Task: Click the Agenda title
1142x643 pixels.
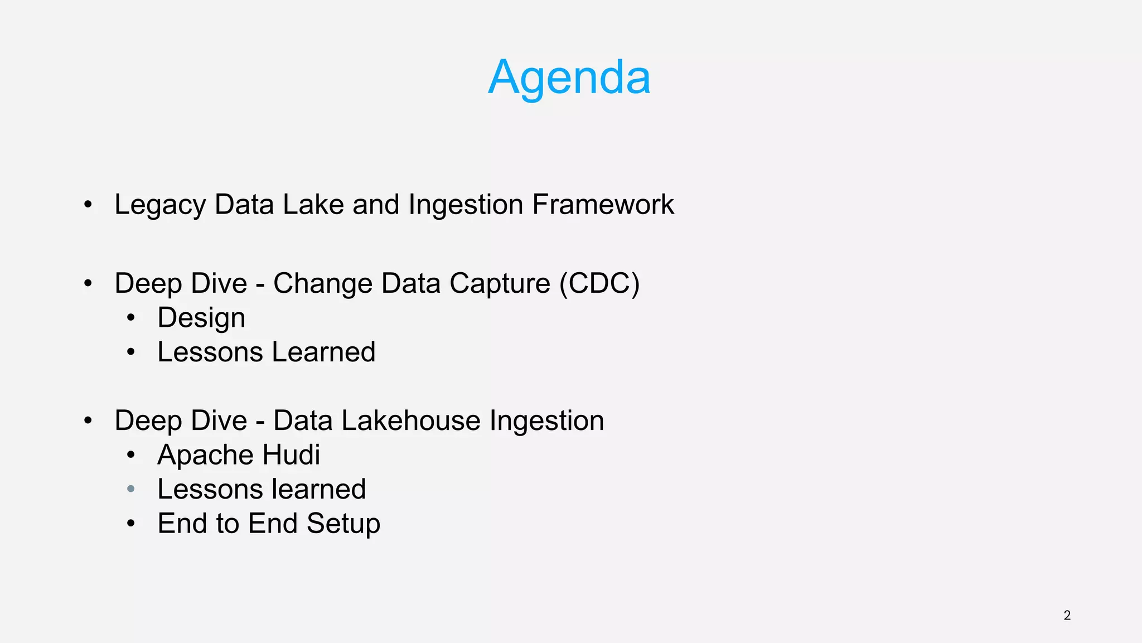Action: coord(569,77)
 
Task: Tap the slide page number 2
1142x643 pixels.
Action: coord(1067,615)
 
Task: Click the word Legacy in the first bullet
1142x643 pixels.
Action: coord(159,205)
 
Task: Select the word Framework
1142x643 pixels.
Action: coord(603,204)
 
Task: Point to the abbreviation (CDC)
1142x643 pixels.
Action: coord(599,283)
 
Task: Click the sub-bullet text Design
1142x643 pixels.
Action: coord(201,318)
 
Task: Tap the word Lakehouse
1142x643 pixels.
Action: coord(410,420)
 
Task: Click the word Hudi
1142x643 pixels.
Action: coord(291,455)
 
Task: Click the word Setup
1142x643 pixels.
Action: coord(343,524)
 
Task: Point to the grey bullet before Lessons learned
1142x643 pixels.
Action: coord(131,489)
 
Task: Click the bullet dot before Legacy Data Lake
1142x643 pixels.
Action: coord(88,205)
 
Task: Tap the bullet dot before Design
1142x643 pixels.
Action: coord(131,318)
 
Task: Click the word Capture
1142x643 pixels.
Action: coord(500,283)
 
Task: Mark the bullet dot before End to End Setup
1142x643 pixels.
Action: coord(131,524)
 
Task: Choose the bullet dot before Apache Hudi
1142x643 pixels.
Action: coord(131,455)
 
